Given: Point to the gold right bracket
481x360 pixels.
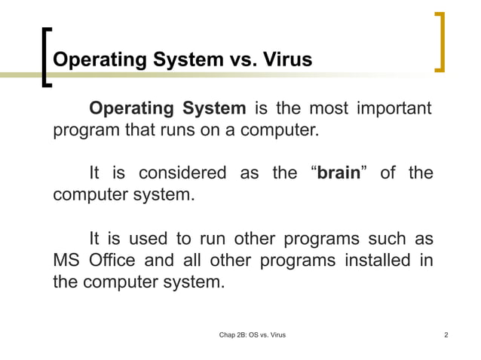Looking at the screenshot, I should tap(440, 42).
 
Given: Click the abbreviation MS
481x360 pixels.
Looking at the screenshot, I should tap(66, 261).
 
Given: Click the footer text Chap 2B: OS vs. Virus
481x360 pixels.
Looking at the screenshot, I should tap(252, 334).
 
